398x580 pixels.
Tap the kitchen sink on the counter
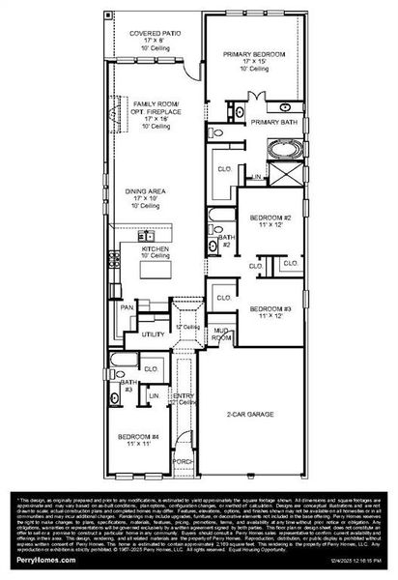click(x=148, y=236)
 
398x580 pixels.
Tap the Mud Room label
click(x=221, y=336)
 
